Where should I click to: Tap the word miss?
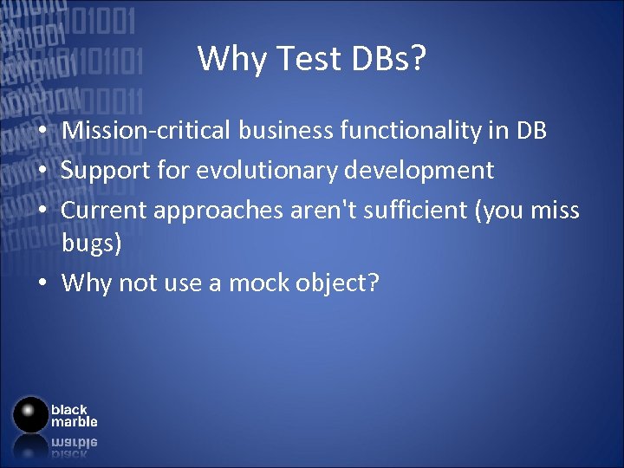coord(556,210)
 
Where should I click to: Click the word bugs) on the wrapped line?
coord(92,244)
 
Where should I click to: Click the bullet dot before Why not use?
coord(42,283)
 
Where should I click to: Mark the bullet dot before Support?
coord(42,171)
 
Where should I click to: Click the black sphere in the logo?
coord(31,414)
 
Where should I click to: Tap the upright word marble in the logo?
coord(74,422)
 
